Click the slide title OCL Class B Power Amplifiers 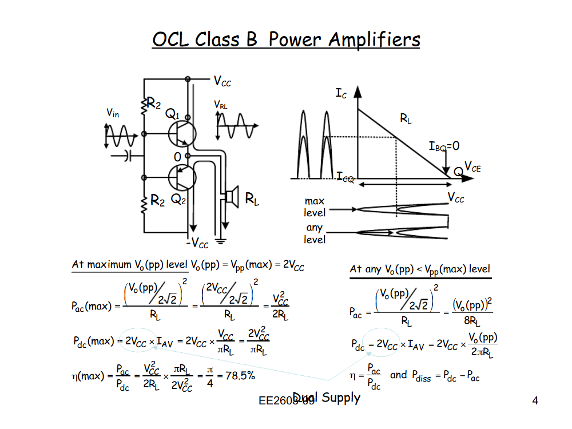[x=286, y=39]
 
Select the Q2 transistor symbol [x=182, y=177]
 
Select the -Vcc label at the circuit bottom [x=197, y=244]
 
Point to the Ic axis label [x=341, y=94]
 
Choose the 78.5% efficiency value [x=240, y=376]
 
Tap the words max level [x=315, y=207]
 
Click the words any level [x=315, y=233]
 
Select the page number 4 [x=535, y=401]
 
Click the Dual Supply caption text [x=327, y=398]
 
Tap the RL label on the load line [x=406, y=119]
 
